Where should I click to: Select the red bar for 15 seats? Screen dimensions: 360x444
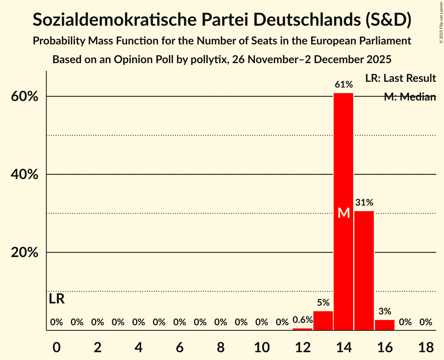coord(364,270)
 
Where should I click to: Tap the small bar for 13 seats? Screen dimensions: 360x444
coord(323,321)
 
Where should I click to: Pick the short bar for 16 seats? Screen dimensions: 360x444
coord(385,325)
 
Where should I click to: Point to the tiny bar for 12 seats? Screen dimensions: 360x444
coord(302,329)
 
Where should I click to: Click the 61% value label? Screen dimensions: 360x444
coord(343,85)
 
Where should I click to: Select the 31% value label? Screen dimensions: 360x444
coord(364,203)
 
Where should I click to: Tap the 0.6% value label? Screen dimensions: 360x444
coord(302,320)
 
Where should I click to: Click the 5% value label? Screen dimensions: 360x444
coord(323,303)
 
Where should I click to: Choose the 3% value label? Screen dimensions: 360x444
coord(385,311)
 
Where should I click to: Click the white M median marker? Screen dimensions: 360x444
coord(343,213)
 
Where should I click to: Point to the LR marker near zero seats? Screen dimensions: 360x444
coord(57,299)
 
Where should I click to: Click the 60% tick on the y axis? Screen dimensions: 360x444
coord(24,97)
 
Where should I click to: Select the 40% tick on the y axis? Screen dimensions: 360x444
coord(24,175)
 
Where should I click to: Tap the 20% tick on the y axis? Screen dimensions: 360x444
coord(24,252)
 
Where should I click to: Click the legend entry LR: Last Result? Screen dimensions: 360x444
coord(400,78)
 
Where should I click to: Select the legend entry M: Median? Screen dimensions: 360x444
coord(410,97)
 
